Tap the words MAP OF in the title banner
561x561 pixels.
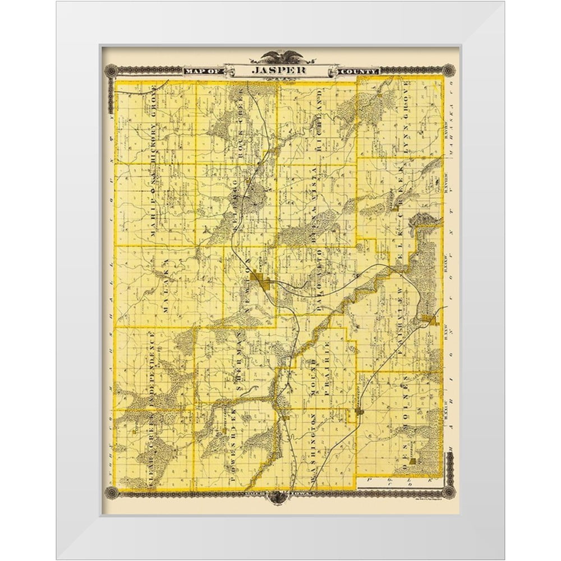[x=202, y=71]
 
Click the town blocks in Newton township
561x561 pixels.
[x=262, y=279]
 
